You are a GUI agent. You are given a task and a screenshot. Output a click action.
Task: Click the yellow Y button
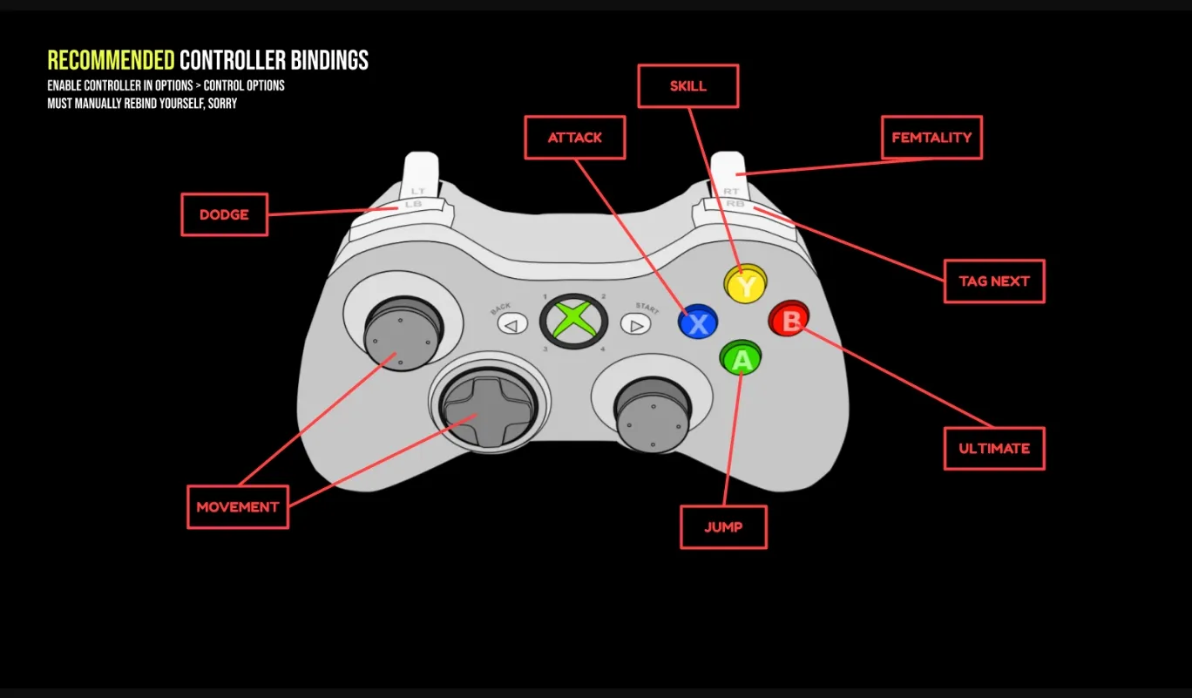pyautogui.click(x=746, y=284)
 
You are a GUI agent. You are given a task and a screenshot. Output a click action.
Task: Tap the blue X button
pyautogui.click(x=698, y=322)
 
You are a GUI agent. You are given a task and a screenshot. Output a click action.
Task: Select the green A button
pyautogui.click(x=741, y=357)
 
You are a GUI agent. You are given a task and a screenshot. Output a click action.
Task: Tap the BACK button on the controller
pyautogui.click(x=512, y=325)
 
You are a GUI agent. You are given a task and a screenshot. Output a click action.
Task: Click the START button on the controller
pyautogui.click(x=636, y=325)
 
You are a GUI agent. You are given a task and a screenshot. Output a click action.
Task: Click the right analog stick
pyautogui.click(x=652, y=414)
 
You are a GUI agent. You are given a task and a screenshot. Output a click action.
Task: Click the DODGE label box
pyautogui.click(x=224, y=214)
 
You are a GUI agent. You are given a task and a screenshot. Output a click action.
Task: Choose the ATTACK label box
pyautogui.click(x=575, y=138)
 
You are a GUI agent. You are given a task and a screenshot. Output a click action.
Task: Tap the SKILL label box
pyautogui.click(x=688, y=86)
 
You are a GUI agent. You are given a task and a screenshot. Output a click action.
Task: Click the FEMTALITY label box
pyautogui.click(x=931, y=138)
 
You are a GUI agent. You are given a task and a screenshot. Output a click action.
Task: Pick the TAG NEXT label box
pyautogui.click(x=994, y=281)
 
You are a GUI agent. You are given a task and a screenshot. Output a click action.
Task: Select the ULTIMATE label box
pyautogui.click(x=994, y=449)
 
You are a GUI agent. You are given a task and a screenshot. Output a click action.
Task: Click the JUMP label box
pyautogui.click(x=723, y=527)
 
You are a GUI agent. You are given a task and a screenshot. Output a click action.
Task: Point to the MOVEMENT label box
pyautogui.click(x=238, y=507)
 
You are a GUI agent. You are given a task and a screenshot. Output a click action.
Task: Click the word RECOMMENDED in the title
pyautogui.click(x=111, y=60)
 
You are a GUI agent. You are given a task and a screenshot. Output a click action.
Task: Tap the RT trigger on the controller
pyautogui.click(x=730, y=174)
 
